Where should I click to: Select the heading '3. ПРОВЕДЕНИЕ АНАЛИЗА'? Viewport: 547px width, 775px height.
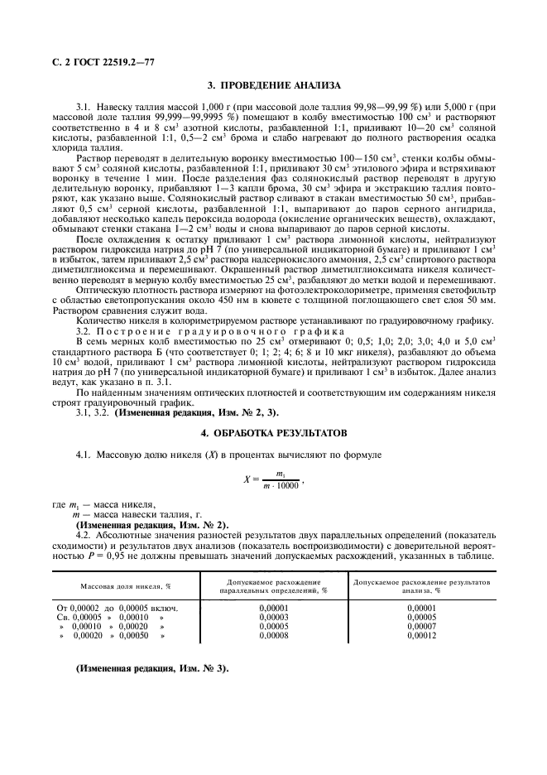coord(273,85)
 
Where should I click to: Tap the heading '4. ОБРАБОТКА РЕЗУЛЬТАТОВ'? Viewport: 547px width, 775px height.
coord(273,433)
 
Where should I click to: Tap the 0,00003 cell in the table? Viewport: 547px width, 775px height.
coord(273,617)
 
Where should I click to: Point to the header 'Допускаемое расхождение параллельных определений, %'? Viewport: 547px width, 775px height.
coord(273,586)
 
